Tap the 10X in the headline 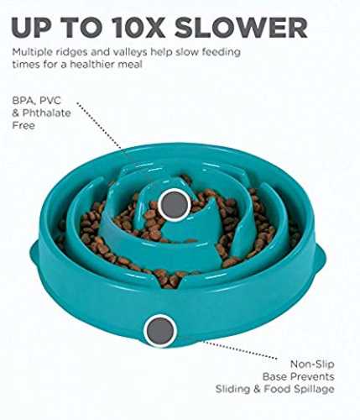pos(139,28)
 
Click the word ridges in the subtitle pos(74,52)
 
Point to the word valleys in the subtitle pos(129,53)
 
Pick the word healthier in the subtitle pos(94,65)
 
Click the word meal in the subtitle pos(132,65)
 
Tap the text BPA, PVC pos(36,101)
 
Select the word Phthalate pos(46,113)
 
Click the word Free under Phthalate pos(23,125)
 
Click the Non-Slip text pos(312,365)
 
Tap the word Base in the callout pos(274,376)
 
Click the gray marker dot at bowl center pos(175,205)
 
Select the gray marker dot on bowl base pos(160,331)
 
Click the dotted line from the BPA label pos(100,127)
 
